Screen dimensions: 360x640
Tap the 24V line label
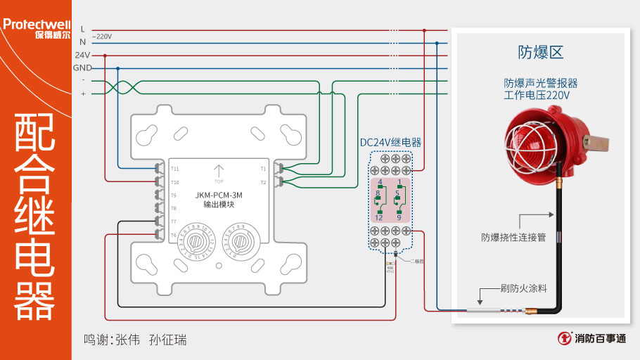point(82,55)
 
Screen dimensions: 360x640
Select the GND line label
point(82,67)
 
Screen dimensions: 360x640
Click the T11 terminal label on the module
point(174,169)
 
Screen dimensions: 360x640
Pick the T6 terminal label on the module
point(174,235)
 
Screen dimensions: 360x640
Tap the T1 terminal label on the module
point(263,169)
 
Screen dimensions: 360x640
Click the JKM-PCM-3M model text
point(218,194)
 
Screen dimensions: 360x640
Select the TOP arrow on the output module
point(219,172)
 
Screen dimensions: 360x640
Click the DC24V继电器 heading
point(390,142)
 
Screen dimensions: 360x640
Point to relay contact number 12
point(378,217)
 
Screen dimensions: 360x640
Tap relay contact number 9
point(398,217)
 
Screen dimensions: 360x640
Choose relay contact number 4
point(380,182)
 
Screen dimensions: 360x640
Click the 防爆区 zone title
point(541,52)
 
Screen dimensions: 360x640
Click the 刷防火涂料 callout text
point(523,288)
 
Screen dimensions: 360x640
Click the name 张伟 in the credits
point(129,340)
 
